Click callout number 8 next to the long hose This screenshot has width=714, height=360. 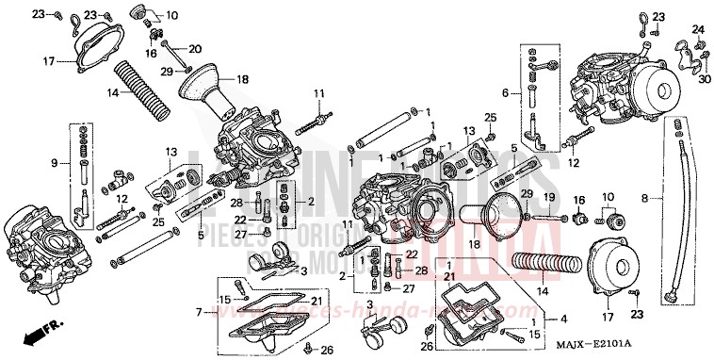point(645,199)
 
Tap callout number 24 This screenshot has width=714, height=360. point(698,29)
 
